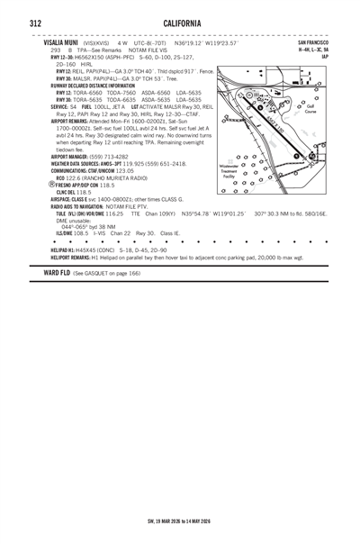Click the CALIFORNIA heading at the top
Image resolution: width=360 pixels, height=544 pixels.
(x=182, y=23)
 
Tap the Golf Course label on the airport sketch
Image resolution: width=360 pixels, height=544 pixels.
(x=310, y=109)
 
